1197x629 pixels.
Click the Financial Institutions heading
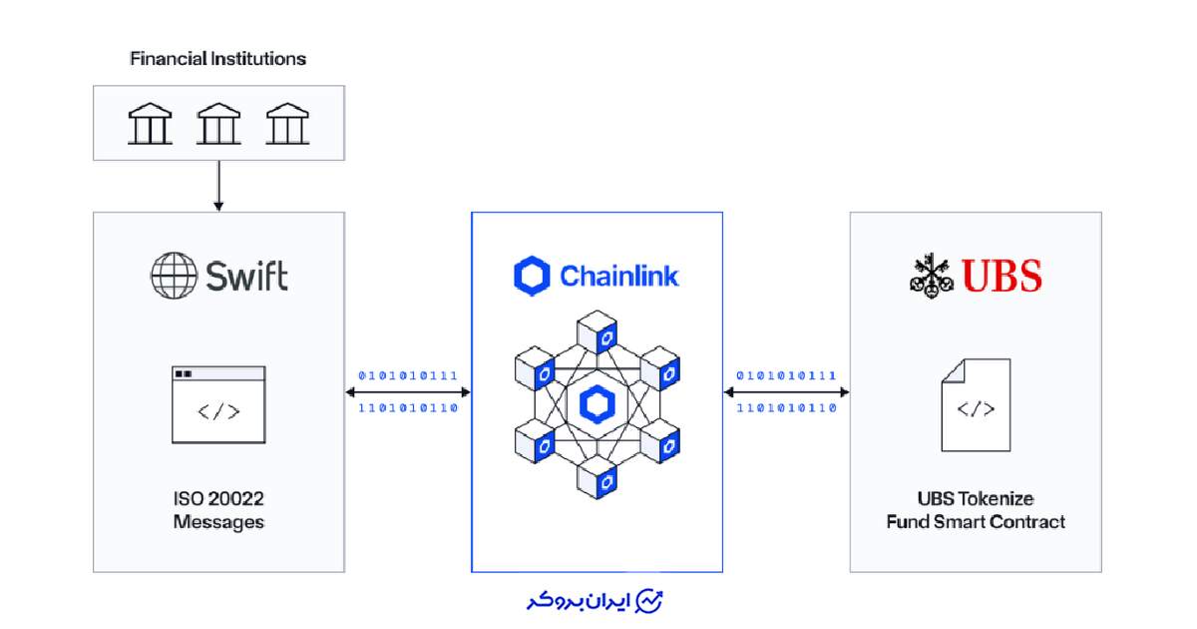pos(217,59)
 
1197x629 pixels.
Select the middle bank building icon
pos(218,124)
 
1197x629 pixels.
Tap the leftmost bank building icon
pos(150,124)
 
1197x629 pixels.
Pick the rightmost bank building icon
pos(287,124)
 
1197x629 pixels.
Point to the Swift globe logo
pos(174,276)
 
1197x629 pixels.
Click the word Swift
pos(247,276)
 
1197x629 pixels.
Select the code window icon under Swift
pos(218,404)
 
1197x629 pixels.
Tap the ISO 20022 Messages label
pos(218,508)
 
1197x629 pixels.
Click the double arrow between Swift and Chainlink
pos(408,392)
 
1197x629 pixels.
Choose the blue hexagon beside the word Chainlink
pos(532,276)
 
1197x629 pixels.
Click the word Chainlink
pos(619,276)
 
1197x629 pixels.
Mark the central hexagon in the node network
pos(597,404)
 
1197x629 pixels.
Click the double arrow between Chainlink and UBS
pos(786,392)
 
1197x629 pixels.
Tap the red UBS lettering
pos(1001,275)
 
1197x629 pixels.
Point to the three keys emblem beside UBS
pos(932,276)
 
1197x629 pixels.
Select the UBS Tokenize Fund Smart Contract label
pos(976,509)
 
